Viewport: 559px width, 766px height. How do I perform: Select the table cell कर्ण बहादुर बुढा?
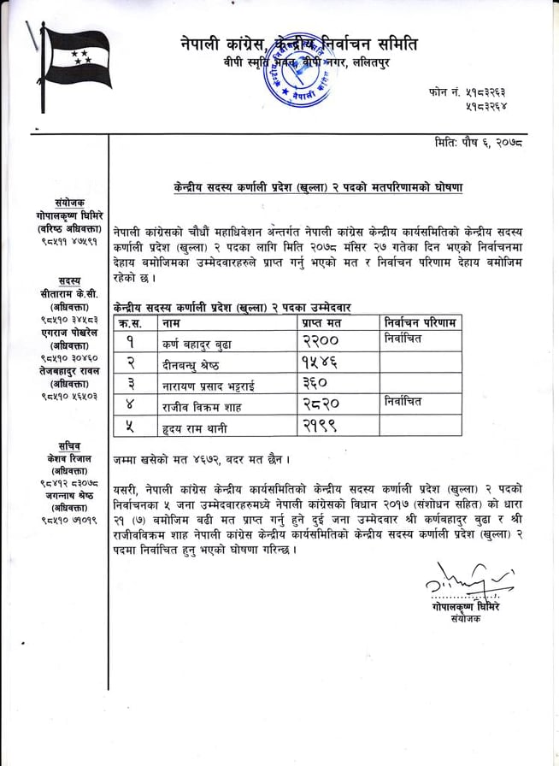coord(196,341)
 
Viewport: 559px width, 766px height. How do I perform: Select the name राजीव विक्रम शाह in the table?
coord(197,404)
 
